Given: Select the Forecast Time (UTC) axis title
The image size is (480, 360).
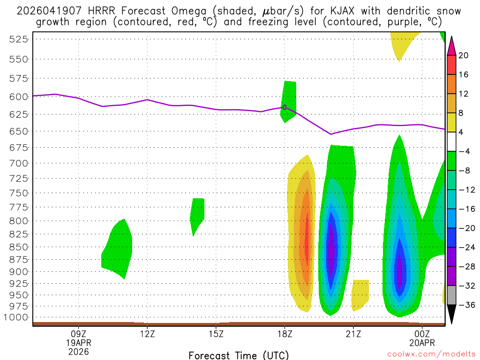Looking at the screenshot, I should coord(239,355).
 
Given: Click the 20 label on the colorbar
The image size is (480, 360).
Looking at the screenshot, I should coord(464,55).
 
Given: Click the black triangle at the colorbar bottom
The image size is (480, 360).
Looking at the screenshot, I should coord(452,313).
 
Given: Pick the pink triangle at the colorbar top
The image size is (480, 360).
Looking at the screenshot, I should coord(452,45).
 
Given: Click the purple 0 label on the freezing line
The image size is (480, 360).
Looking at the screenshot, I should coord(285,107).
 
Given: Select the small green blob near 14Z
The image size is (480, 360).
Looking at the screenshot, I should coord(198,213).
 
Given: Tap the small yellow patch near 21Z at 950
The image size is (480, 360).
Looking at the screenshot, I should coord(360,294).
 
